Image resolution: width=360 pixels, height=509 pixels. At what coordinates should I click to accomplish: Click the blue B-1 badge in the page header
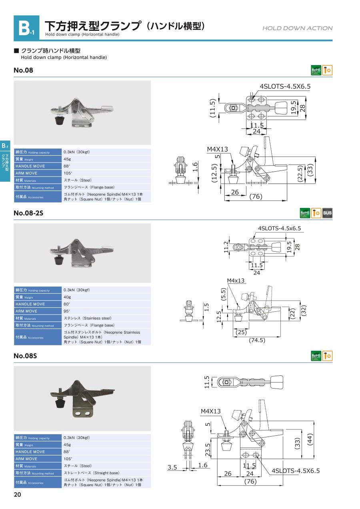click(26, 28)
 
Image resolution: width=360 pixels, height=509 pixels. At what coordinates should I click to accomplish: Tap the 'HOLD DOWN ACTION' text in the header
click(297, 28)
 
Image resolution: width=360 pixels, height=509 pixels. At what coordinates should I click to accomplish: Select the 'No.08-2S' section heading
click(28, 213)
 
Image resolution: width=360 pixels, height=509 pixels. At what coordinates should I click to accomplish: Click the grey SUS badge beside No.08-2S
click(327, 213)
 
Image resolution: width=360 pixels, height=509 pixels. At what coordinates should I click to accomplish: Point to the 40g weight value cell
click(67, 297)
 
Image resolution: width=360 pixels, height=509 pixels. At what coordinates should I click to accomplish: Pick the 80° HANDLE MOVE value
click(67, 304)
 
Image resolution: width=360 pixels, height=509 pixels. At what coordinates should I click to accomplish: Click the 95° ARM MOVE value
click(67, 311)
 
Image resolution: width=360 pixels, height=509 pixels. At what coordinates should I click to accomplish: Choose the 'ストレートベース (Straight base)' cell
click(92, 473)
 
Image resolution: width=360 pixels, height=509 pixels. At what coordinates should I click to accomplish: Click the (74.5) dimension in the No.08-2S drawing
click(257, 340)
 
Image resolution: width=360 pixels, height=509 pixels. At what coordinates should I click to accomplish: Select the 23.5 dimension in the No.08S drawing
click(208, 450)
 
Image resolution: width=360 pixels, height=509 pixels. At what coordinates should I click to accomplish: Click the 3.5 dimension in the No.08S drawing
click(172, 467)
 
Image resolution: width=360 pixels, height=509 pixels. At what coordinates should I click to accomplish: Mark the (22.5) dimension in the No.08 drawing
click(300, 174)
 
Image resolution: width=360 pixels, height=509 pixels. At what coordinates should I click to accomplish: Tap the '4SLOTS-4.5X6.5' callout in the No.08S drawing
click(296, 471)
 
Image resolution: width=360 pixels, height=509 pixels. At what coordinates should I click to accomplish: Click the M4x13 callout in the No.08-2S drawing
click(236, 281)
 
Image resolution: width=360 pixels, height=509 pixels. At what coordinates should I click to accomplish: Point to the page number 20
click(18, 495)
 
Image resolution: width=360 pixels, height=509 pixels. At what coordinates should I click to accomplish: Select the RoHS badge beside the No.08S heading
click(316, 356)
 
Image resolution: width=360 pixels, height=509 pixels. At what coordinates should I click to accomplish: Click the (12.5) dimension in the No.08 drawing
click(214, 173)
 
